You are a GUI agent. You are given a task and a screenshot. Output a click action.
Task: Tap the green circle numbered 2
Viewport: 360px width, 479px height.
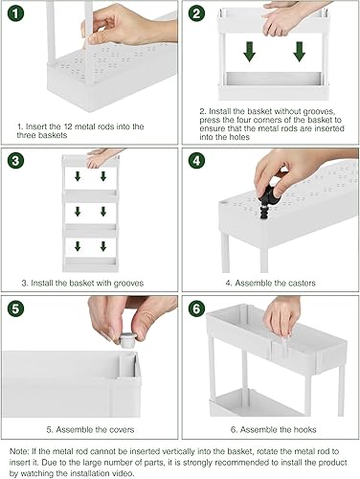(x=198, y=15)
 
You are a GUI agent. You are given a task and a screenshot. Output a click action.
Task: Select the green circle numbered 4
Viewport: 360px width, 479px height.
(x=198, y=160)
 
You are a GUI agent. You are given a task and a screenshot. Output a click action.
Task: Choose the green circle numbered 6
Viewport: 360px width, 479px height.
(x=198, y=308)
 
